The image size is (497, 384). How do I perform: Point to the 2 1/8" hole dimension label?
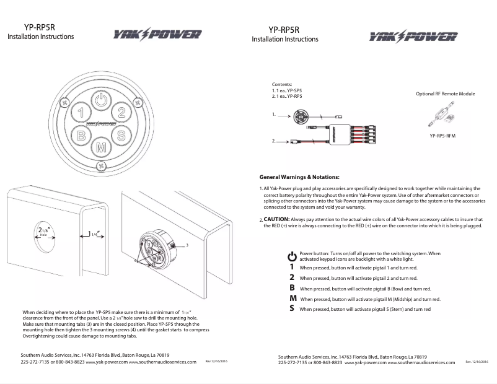[42, 232]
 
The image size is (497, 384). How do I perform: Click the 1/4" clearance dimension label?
[94, 235]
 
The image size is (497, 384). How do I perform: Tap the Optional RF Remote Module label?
[445, 94]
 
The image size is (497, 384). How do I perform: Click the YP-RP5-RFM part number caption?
[442, 134]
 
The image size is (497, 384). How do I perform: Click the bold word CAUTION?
[276, 219]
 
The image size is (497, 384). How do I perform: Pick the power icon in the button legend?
[292, 255]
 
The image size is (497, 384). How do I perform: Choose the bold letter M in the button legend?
[292, 299]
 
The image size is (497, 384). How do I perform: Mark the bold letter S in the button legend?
[292, 308]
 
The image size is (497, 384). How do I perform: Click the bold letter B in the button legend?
[292, 288]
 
